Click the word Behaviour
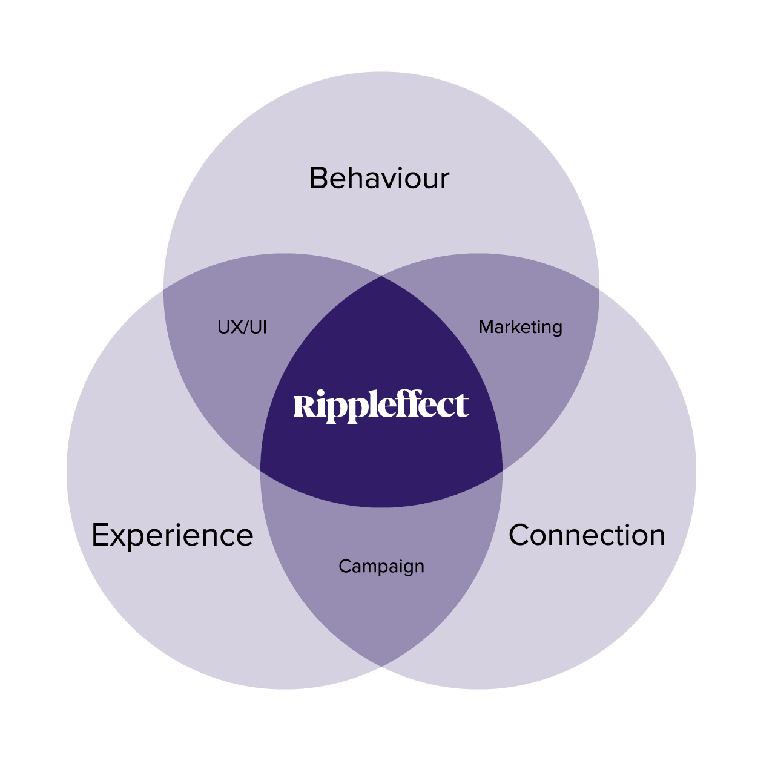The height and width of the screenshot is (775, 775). (x=379, y=179)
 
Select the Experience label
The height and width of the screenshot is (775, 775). (x=172, y=536)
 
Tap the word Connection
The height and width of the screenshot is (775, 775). (x=587, y=535)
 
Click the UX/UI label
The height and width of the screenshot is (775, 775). (x=242, y=328)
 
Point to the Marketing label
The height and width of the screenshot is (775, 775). (x=520, y=327)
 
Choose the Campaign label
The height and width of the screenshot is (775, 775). (x=381, y=567)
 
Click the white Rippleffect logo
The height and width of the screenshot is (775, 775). (x=381, y=406)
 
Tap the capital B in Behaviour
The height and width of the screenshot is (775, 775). (x=319, y=179)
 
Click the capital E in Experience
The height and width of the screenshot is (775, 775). (x=100, y=536)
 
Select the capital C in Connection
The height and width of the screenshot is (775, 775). (x=521, y=535)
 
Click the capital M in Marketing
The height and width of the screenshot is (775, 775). (x=486, y=327)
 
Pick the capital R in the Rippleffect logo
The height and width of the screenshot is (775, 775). (x=303, y=406)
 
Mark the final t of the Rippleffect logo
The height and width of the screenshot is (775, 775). (x=463, y=406)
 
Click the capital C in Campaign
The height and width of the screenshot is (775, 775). (x=345, y=567)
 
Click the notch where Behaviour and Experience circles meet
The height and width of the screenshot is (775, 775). (x=164, y=289)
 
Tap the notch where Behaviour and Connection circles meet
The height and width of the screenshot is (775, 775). (x=599, y=289)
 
